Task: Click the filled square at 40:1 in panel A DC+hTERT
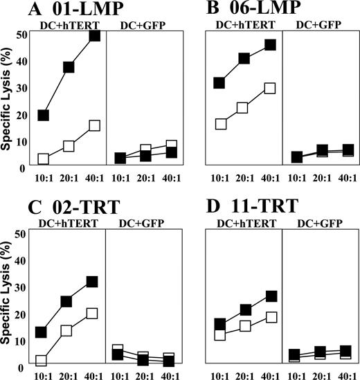pyautogui.click(x=94, y=35)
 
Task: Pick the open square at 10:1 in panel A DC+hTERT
pyautogui.click(x=43, y=159)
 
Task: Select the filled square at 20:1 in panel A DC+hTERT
pyautogui.click(x=69, y=67)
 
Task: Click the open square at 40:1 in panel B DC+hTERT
pyautogui.click(x=270, y=88)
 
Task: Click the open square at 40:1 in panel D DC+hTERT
pyautogui.click(x=270, y=317)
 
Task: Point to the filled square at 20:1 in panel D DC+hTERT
pyautogui.click(x=244, y=309)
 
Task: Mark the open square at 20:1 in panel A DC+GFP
pyautogui.click(x=145, y=150)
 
